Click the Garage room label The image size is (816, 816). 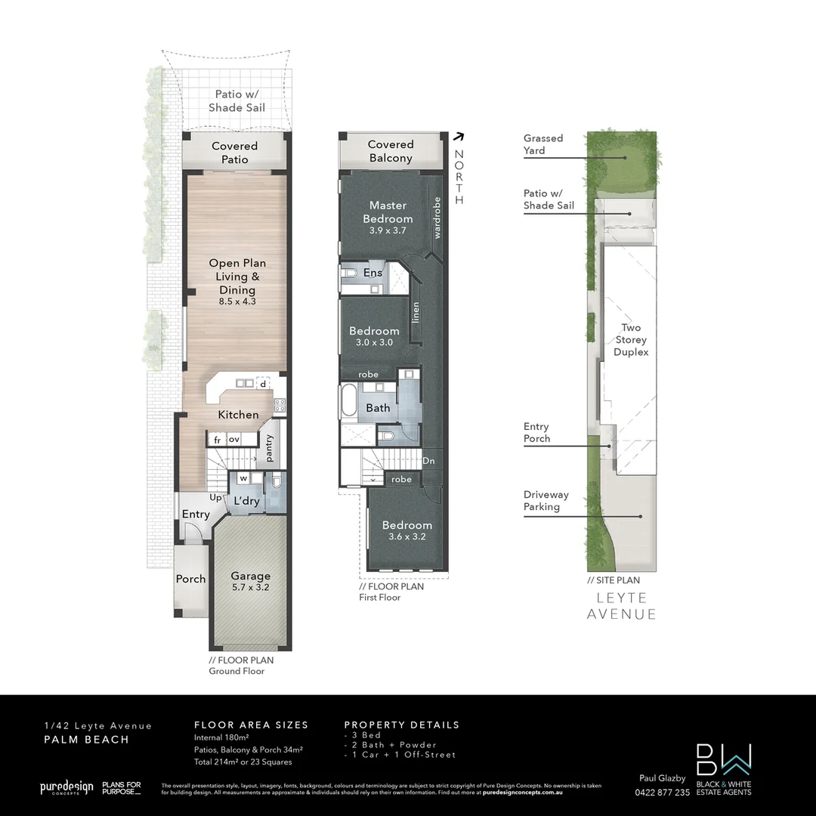click(x=250, y=576)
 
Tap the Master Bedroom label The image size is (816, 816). click(x=388, y=212)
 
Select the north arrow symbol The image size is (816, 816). click(x=458, y=137)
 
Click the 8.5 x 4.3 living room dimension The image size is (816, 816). click(x=237, y=301)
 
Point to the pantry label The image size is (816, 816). click(x=269, y=447)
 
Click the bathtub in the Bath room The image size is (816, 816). click(x=348, y=400)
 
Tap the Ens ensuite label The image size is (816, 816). click(x=372, y=273)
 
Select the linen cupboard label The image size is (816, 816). click(x=416, y=312)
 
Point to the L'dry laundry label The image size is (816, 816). click(x=247, y=501)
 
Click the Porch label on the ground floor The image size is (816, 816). click(x=190, y=579)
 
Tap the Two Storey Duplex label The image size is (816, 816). click(x=630, y=340)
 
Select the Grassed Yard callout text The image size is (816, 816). click(x=543, y=144)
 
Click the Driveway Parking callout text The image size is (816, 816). click(x=546, y=501)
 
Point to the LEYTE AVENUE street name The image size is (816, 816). click(x=621, y=606)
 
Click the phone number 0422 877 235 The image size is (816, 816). click(x=662, y=793)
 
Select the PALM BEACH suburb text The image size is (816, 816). click(x=85, y=740)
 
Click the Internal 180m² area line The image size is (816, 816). click(x=221, y=737)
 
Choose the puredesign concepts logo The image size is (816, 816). click(x=66, y=788)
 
